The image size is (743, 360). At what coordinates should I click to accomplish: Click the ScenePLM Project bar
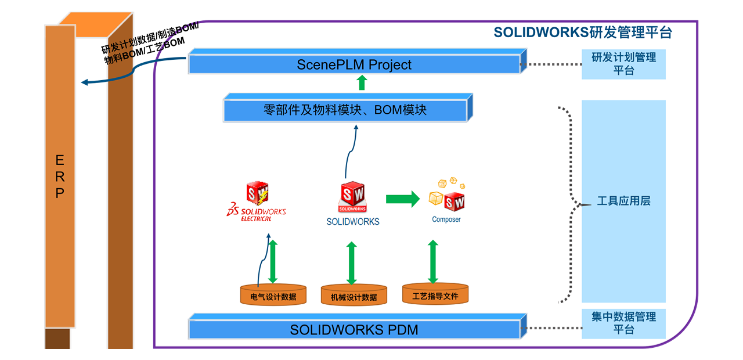[x=354, y=64]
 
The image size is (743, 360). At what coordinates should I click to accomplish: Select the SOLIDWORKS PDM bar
[x=354, y=330]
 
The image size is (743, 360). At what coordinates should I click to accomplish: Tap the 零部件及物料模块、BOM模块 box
[x=345, y=110]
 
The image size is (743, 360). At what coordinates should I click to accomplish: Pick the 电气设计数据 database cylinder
[x=273, y=296]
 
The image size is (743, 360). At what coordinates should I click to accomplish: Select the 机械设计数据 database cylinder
[x=354, y=296]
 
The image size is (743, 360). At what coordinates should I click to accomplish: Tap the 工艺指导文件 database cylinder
[x=435, y=295]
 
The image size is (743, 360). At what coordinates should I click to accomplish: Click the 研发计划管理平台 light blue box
[x=623, y=64]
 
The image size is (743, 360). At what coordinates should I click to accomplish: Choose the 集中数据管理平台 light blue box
[x=623, y=323]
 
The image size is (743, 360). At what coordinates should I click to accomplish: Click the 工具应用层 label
[x=623, y=201]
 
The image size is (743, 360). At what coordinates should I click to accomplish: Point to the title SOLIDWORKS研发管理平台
[x=582, y=33]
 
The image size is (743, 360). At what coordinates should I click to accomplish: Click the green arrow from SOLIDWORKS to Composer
[x=402, y=199]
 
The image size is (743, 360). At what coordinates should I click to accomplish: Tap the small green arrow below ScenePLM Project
[x=362, y=82]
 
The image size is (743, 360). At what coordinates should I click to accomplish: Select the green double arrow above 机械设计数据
[x=352, y=263]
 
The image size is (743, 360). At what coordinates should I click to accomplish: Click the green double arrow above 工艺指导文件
[x=433, y=261]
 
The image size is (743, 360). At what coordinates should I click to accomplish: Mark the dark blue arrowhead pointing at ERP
[x=85, y=82]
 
